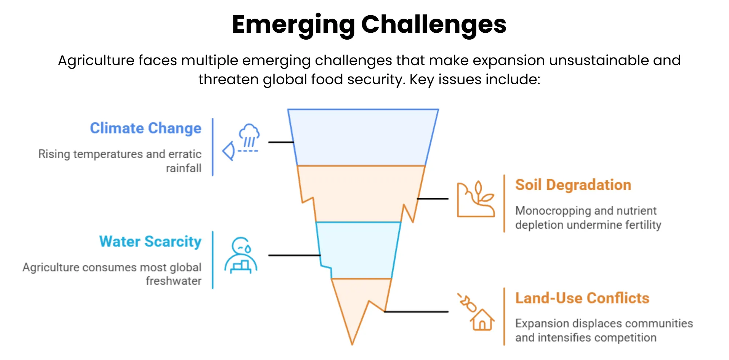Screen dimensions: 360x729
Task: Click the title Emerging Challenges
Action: click(369, 24)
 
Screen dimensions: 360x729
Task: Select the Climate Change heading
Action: click(146, 128)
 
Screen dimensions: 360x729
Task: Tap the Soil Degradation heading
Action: click(573, 185)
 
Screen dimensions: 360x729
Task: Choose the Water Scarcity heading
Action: click(150, 242)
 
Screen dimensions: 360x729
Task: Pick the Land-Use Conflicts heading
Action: click(582, 298)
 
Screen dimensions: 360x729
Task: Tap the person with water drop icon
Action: click(241, 255)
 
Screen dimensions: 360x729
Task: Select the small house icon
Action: click(482, 320)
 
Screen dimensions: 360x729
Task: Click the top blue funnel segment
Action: click(362, 137)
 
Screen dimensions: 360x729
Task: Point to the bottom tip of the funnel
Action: click(352, 343)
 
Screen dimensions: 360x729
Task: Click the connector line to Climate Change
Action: click(281, 142)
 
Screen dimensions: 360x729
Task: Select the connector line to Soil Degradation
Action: click(433, 199)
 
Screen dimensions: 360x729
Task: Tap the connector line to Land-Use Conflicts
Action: click(416, 312)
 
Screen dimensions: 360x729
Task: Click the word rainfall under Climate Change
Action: click(183, 168)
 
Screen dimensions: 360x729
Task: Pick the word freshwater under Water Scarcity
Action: click(173, 281)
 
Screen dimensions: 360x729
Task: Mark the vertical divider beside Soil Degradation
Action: click(504, 203)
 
